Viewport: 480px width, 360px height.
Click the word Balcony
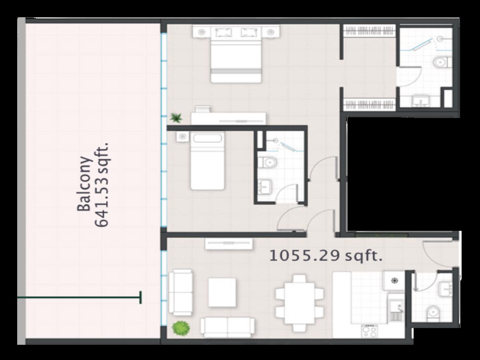click(x=84, y=183)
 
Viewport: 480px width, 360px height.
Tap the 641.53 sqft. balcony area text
click(x=102, y=185)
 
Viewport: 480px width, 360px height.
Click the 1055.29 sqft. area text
click(x=326, y=256)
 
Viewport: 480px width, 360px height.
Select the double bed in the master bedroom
click(x=236, y=54)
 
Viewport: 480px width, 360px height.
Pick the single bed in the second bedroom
click(x=207, y=160)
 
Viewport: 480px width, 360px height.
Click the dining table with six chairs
click(x=300, y=303)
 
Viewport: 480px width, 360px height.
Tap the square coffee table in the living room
click(x=222, y=292)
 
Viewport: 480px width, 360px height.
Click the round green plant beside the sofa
click(x=181, y=328)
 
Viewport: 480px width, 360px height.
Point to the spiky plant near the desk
click(x=176, y=118)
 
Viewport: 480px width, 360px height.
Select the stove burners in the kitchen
click(x=369, y=331)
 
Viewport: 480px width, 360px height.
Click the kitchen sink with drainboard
click(x=396, y=311)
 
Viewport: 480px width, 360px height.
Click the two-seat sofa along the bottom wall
click(x=228, y=327)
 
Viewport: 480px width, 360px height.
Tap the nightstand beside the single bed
click(x=182, y=137)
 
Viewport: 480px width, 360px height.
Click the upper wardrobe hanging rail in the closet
click(x=369, y=30)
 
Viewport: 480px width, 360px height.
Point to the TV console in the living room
click(x=229, y=244)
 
